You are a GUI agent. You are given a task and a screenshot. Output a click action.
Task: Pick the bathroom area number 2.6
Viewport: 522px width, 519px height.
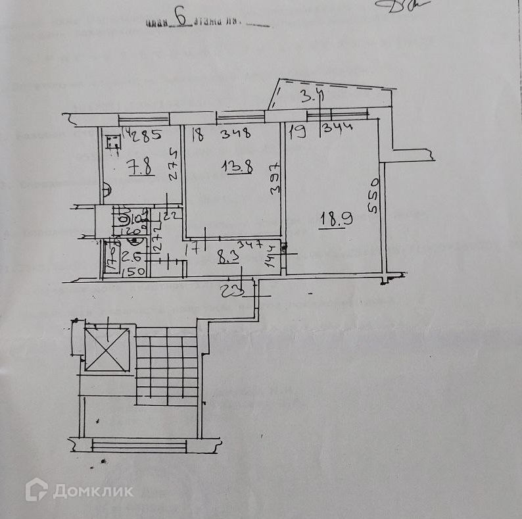(130, 259)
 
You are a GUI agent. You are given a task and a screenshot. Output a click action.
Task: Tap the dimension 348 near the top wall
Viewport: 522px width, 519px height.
(235, 136)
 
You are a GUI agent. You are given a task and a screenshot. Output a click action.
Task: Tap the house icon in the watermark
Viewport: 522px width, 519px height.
(36, 490)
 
